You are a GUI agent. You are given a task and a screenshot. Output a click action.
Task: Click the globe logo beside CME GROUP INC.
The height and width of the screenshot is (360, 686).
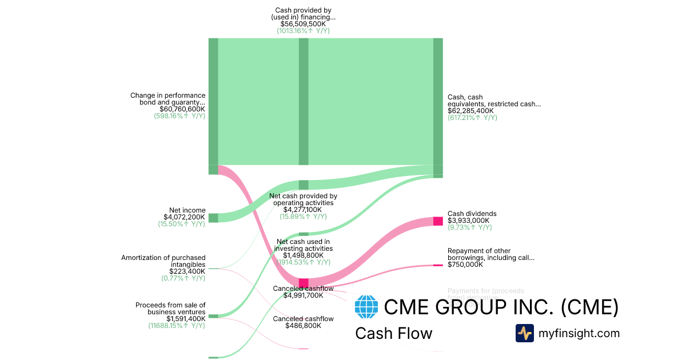point(366,307)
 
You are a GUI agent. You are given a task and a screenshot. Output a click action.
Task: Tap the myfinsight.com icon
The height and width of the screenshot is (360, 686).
point(524,333)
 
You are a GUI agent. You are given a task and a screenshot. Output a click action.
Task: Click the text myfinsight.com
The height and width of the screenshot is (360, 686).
point(579,333)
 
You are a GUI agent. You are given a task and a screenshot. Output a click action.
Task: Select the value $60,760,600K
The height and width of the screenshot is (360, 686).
point(182,109)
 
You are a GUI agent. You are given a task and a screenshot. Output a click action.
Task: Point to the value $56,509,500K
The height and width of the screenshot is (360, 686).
point(303,24)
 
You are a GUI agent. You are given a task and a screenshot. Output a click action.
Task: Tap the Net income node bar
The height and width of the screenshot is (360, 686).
point(213,218)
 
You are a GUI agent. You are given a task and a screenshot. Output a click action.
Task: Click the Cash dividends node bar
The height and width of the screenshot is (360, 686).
point(438,221)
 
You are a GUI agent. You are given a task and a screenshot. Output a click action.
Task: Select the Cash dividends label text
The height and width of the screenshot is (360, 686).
point(472,214)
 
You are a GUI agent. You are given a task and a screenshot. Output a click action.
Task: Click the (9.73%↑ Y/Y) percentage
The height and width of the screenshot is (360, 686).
point(469,227)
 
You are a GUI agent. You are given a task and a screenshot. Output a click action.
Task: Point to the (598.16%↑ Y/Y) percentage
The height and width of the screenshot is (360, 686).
point(180,115)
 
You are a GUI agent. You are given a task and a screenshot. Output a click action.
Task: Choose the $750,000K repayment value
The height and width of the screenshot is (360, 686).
point(465,265)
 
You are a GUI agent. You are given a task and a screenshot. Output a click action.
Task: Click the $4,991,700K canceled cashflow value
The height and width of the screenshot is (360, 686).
point(303,295)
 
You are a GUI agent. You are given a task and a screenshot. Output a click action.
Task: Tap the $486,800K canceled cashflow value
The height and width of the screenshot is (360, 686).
point(303,326)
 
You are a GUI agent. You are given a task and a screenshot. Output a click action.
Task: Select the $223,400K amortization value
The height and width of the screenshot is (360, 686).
point(185,271)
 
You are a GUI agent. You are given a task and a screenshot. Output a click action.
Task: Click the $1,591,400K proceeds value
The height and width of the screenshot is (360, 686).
point(186,319)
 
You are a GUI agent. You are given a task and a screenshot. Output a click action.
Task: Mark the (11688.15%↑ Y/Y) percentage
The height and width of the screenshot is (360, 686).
point(177,326)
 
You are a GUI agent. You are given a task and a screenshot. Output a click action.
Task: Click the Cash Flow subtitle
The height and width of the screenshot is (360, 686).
point(393,333)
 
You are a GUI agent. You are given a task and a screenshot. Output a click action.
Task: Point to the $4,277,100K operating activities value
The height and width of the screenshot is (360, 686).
point(303,210)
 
